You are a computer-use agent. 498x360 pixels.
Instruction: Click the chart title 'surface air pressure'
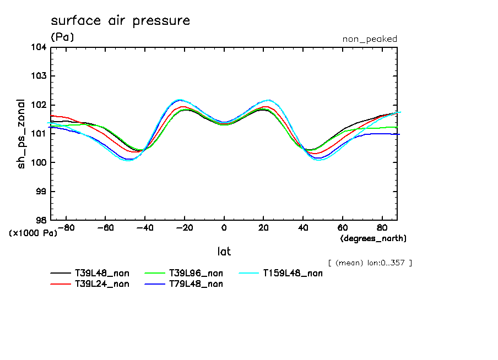pos(120,21)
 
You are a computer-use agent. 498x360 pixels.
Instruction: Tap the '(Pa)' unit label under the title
pos(62,37)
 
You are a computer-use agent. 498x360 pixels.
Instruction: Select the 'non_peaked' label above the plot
pos(370,39)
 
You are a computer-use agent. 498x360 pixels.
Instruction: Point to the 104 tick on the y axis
pos(39,47)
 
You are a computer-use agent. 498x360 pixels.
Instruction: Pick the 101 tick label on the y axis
pos(39,134)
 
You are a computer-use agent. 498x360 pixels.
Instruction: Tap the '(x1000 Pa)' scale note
pos(33,233)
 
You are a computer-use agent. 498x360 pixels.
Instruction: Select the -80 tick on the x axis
pos(66,227)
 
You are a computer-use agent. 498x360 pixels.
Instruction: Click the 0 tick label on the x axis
pos(224,227)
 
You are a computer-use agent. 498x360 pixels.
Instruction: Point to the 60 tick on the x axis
pos(342,227)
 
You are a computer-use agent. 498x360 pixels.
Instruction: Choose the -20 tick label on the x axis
pos(184,227)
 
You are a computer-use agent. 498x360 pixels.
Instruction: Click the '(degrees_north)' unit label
pos(373,238)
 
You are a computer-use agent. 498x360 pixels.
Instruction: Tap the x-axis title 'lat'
pos(224,252)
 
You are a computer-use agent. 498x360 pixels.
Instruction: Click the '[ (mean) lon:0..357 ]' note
pos(370,263)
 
